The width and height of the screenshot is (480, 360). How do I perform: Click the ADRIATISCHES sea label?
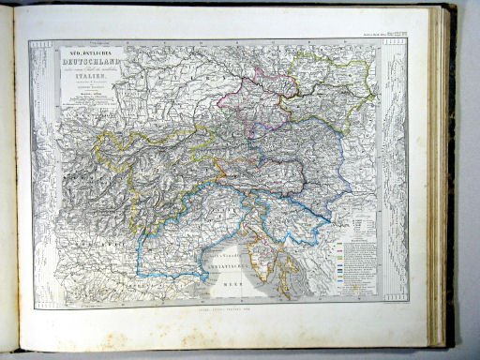[x=225, y=265]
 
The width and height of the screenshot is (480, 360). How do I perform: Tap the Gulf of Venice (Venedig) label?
[x=226, y=255]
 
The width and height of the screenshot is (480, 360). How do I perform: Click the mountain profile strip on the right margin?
[x=394, y=169]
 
